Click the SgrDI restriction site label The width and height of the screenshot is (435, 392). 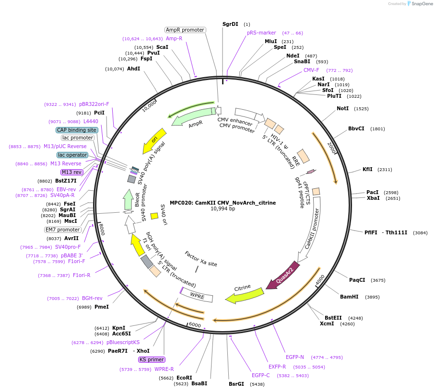[x=230, y=24]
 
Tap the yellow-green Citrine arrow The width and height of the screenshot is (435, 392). [x=245, y=295]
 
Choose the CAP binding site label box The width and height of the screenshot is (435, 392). [x=77, y=130]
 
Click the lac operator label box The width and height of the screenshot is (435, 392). [x=72, y=155]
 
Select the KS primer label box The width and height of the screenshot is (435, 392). [x=152, y=359]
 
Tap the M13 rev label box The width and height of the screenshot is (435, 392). [x=71, y=172]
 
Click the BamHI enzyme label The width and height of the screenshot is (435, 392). [x=349, y=297]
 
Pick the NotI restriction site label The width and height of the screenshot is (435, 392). [x=342, y=109]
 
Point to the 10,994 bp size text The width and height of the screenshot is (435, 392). [x=223, y=209]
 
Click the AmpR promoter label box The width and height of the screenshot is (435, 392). [x=185, y=30]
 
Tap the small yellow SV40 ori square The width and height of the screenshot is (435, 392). [x=154, y=216]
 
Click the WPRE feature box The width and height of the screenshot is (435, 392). [x=197, y=296]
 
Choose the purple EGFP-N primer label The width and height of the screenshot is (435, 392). [x=295, y=357]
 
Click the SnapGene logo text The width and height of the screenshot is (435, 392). [x=421, y=4]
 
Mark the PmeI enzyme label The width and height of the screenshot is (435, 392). [x=102, y=307]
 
